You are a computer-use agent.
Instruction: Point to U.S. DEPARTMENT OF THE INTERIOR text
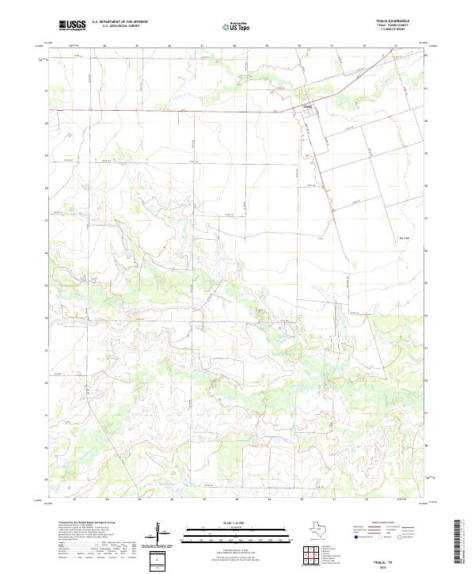[118, 23]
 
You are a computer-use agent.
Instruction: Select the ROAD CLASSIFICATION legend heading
[382, 523]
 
